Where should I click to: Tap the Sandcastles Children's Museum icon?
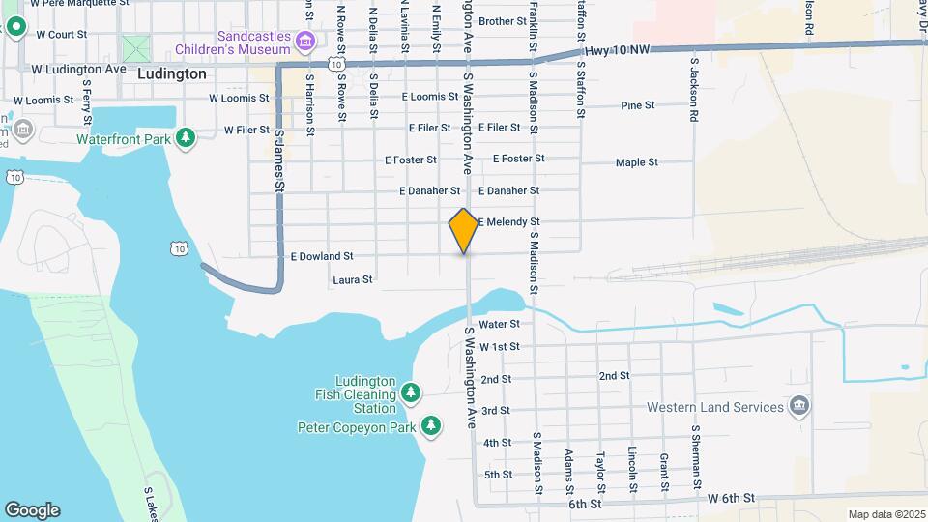306,42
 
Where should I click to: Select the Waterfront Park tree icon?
186,139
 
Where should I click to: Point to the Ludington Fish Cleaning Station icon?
412,392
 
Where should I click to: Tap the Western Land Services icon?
798,406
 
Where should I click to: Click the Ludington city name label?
172,73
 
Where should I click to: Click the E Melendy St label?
507,222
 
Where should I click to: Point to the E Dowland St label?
322,256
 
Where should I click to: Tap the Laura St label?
353,280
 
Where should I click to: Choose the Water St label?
500,324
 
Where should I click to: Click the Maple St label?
637,162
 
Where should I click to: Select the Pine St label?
638,105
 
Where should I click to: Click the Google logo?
32,510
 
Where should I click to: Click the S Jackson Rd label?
694,89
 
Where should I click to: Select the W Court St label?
61,34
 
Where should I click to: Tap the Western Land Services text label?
715,407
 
